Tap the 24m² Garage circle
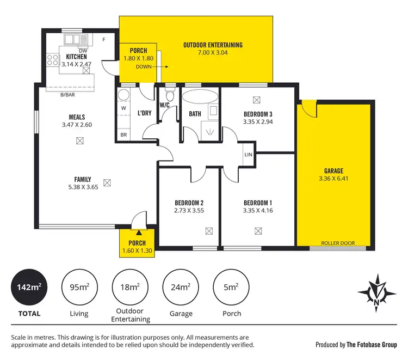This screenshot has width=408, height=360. click(x=181, y=286)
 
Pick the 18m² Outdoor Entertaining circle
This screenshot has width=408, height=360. click(x=130, y=286)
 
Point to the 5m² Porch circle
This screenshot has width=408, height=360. click(x=232, y=286)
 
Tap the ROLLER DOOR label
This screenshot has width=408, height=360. click(x=334, y=243)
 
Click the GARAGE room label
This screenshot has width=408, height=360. click(x=334, y=171)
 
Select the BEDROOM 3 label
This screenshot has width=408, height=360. click(x=257, y=114)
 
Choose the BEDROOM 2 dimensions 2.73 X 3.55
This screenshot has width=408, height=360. click(x=189, y=211)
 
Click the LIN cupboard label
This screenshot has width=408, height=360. click(x=248, y=155)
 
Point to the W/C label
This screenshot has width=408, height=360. click(x=165, y=105)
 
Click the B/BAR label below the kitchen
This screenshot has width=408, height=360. click(x=67, y=95)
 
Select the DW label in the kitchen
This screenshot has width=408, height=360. click(x=83, y=50)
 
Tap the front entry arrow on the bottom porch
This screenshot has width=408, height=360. click(x=138, y=233)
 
